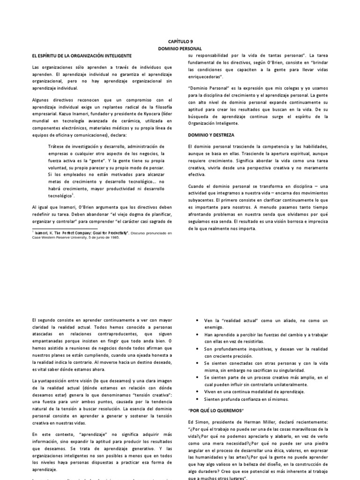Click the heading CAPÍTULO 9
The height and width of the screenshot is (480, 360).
[180, 41]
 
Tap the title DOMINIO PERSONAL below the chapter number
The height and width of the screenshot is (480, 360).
[180, 48]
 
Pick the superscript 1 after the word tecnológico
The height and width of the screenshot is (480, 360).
[74, 194]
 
